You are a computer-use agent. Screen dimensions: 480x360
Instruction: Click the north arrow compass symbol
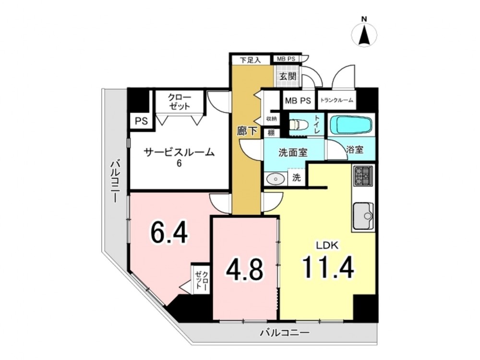[x=364, y=34]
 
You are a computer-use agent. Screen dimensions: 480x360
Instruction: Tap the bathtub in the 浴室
[x=351, y=125]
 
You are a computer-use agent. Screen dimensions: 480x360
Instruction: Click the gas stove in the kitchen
[x=363, y=176]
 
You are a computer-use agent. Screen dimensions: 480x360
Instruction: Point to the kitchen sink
[x=363, y=216]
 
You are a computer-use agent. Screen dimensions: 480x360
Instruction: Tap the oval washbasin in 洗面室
[x=276, y=179]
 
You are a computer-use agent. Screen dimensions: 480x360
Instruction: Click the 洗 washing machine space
[x=296, y=178]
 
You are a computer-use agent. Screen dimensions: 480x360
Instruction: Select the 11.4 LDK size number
[x=328, y=267]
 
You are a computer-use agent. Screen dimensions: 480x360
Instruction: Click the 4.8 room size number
[x=245, y=269]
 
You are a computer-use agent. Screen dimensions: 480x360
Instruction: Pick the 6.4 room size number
[x=169, y=232]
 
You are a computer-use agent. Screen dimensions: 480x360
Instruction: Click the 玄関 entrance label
[x=288, y=76]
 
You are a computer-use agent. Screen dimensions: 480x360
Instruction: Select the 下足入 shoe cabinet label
[x=250, y=60]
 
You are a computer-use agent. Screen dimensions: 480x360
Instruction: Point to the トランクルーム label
[x=337, y=100]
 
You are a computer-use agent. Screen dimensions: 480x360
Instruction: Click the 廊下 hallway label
[x=247, y=131]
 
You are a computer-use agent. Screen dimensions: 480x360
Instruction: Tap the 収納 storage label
[x=271, y=119]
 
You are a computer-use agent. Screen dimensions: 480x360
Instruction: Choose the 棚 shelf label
[x=271, y=133]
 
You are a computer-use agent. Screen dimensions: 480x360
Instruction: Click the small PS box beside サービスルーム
[x=142, y=121]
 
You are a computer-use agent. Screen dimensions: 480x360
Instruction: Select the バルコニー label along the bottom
[x=285, y=333]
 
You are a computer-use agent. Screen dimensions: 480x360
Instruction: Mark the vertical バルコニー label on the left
[x=115, y=181]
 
